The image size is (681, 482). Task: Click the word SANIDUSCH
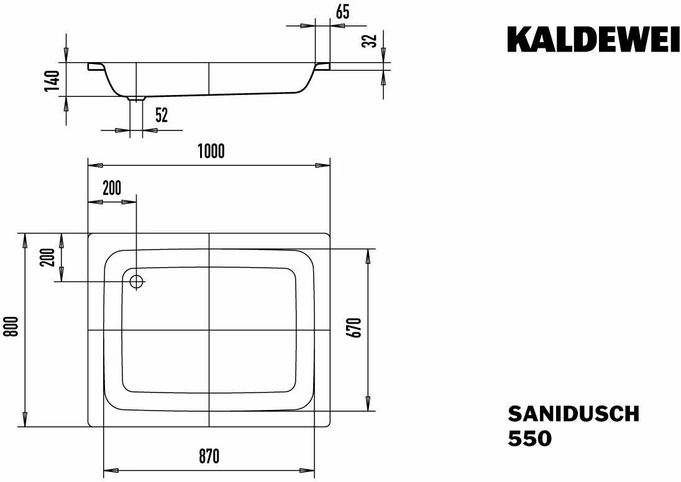point(573,414)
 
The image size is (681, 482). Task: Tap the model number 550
point(529,439)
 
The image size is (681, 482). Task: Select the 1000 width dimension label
point(211,151)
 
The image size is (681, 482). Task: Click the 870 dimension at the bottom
point(209,457)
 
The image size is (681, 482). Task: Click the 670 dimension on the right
point(355,327)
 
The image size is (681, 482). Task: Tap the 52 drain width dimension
point(162,115)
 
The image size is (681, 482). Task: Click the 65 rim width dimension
point(342,11)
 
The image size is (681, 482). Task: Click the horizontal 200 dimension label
point(112,188)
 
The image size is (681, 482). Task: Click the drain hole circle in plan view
point(137,281)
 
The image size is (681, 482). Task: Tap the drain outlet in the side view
point(136,98)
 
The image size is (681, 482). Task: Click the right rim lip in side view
point(323,66)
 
